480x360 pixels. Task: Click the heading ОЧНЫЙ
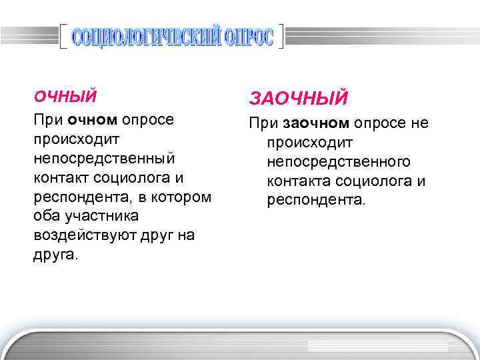[x=65, y=97]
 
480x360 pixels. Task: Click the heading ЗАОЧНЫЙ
[x=299, y=99]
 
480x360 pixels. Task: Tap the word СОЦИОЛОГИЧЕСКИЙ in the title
[x=145, y=38]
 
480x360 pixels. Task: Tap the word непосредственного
[x=339, y=162]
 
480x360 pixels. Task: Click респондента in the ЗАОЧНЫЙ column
[x=316, y=201]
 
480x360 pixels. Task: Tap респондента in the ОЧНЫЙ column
[x=75, y=198]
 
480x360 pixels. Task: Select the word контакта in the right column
[x=299, y=181]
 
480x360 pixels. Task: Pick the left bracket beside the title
[x=63, y=37]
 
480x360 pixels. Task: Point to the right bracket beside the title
[x=282, y=37]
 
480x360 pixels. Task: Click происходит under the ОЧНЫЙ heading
[x=73, y=140]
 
